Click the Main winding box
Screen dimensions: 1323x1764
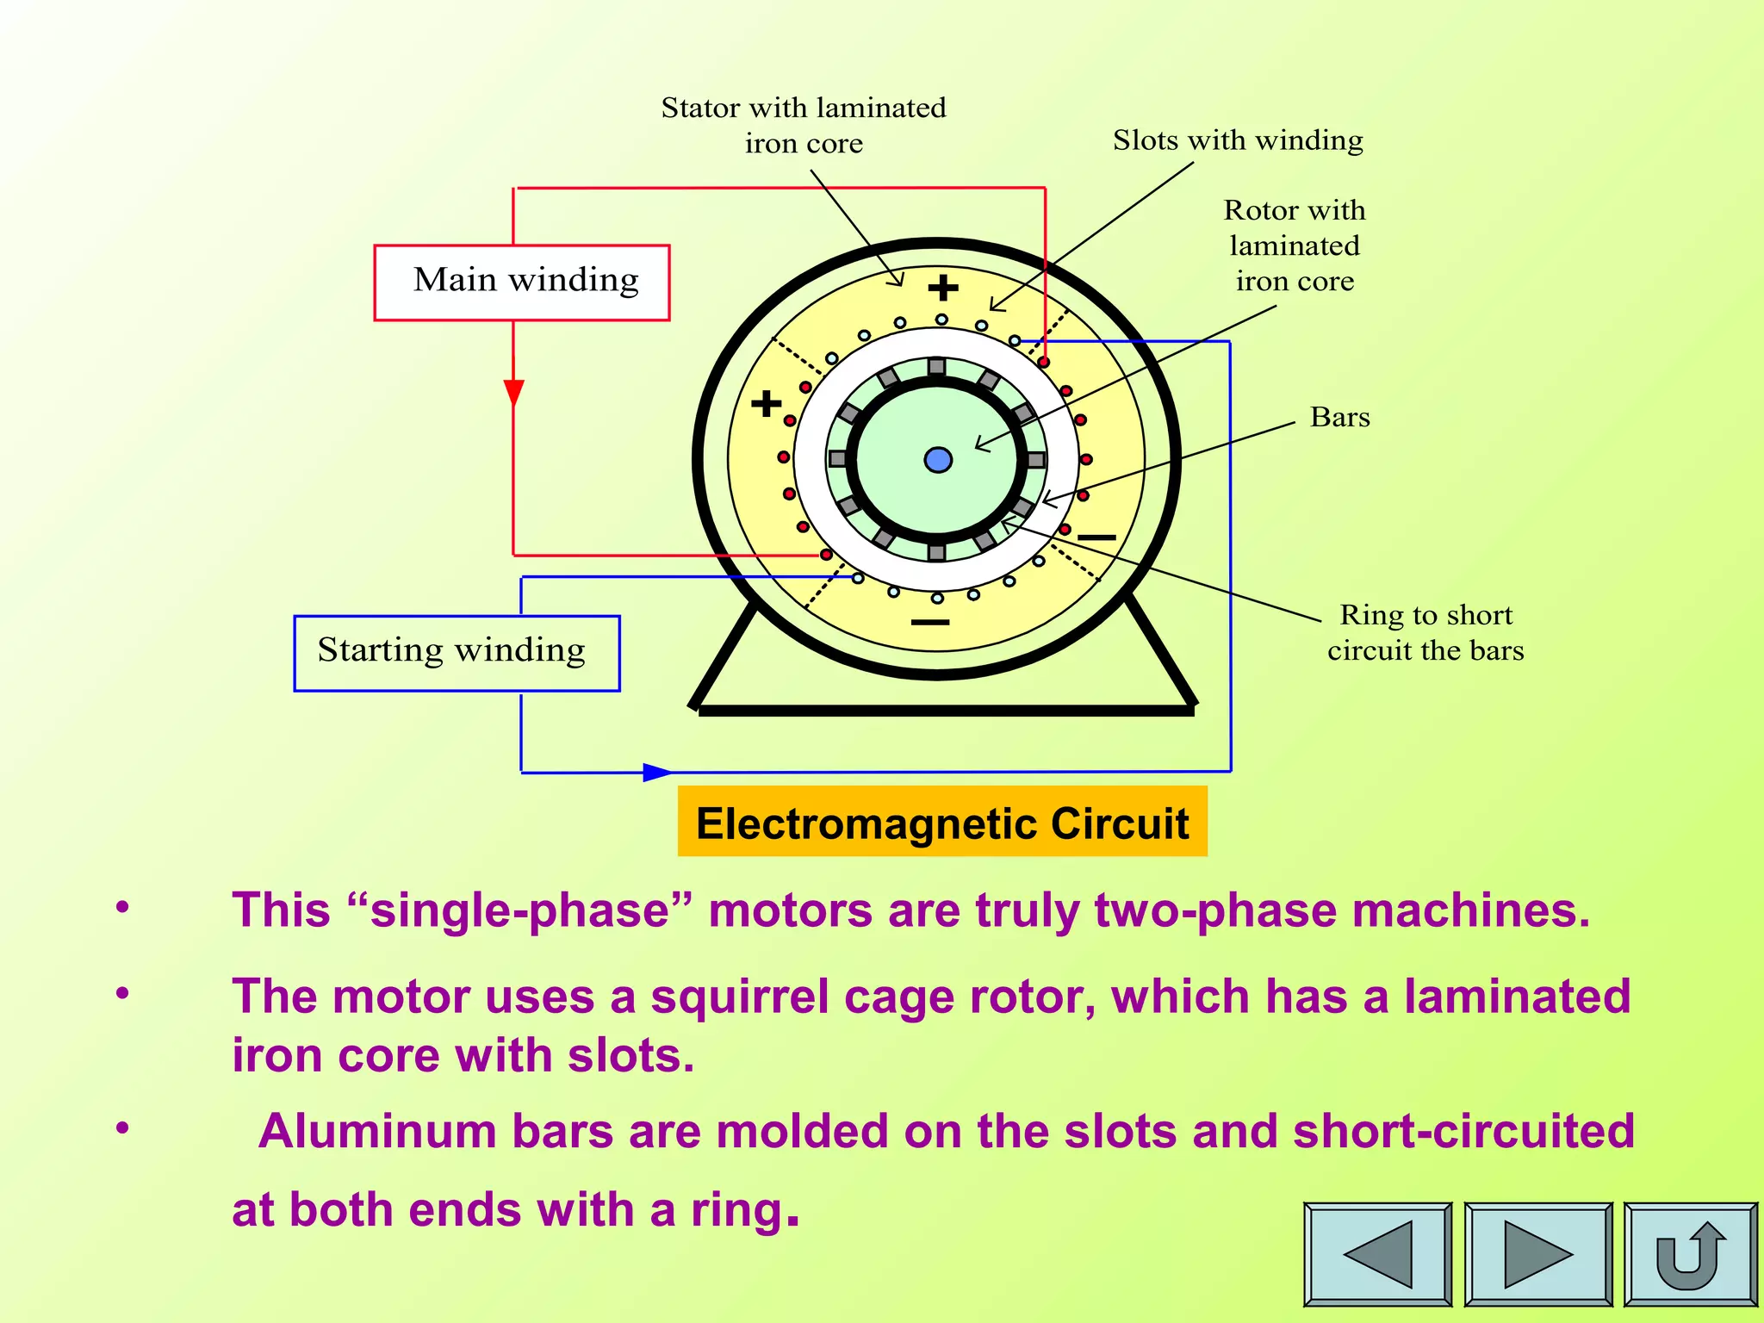(522, 283)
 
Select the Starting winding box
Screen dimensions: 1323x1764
(457, 653)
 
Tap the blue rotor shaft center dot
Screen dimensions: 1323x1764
(938, 460)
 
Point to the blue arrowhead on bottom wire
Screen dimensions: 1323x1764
(656, 772)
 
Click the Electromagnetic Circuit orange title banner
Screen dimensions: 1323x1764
(942, 822)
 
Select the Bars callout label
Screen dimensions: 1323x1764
(1339, 417)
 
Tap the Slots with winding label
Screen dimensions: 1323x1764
(1238, 140)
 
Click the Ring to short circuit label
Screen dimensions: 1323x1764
(1425, 632)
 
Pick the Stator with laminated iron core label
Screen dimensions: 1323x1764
(804, 125)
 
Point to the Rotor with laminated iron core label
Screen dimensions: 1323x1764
(1295, 245)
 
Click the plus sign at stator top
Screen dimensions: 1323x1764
(943, 288)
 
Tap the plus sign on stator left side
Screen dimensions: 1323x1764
(766, 403)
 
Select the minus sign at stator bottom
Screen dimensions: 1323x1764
(930, 622)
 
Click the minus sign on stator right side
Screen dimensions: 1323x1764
(1096, 537)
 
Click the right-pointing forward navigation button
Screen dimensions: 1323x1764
(1538, 1253)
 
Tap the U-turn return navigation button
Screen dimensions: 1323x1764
(1690, 1253)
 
